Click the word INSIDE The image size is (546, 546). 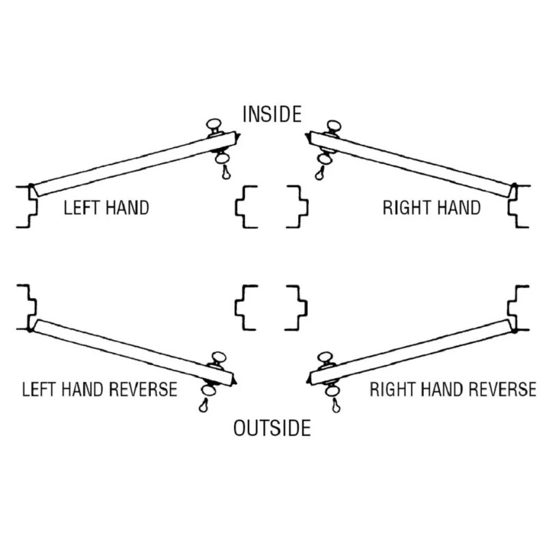(272, 114)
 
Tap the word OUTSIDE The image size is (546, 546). (272, 428)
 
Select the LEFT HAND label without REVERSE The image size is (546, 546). (106, 207)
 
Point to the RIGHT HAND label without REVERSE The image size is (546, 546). (431, 207)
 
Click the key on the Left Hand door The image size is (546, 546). (227, 172)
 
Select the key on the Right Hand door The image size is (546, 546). (319, 173)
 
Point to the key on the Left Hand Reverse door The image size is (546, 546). (203, 405)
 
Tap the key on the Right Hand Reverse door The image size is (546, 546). (336, 405)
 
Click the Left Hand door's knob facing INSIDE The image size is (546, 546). (214, 125)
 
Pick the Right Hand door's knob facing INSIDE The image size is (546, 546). (333, 126)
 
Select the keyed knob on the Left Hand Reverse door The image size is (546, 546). (209, 390)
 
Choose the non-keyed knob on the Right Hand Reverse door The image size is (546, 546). (326, 358)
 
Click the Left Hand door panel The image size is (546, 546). (134, 164)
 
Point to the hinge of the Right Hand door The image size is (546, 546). (514, 190)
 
